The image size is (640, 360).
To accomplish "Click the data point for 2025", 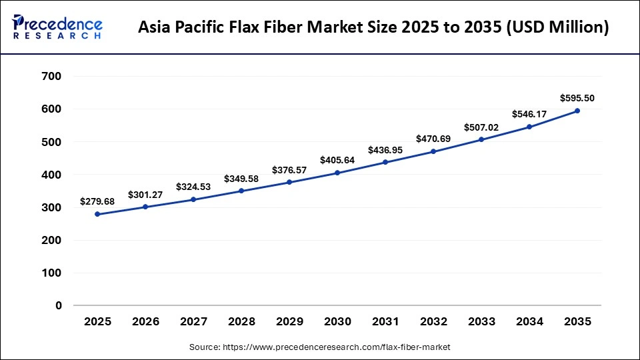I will tap(97, 214).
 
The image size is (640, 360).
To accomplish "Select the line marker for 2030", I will tap(337, 173).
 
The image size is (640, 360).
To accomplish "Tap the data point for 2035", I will tap(577, 111).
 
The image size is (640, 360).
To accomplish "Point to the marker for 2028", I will tap(241, 191).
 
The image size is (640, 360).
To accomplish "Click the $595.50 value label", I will tap(577, 98).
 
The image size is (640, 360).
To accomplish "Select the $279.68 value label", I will tap(97, 201).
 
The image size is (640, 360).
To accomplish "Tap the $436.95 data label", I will tap(385, 149).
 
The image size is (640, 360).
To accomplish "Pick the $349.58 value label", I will tap(241, 179).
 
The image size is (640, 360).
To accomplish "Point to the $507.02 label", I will tap(481, 127).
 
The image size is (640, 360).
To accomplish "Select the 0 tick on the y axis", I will tap(59, 305).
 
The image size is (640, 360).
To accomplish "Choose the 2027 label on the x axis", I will tap(193, 321).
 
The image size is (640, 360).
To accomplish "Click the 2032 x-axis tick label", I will tap(433, 321).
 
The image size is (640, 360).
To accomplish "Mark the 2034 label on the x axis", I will tap(529, 321).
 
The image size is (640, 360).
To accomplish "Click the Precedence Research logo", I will tap(57, 27).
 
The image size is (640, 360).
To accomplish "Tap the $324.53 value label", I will tap(193, 187).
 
